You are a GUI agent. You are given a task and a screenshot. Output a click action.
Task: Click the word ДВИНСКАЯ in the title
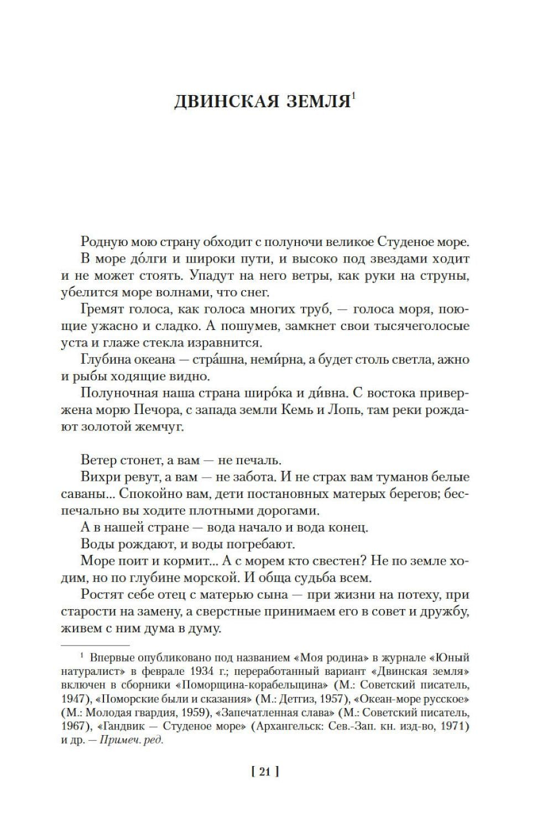pos(221,102)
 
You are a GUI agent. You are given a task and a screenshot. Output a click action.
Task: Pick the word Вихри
pos(97,476)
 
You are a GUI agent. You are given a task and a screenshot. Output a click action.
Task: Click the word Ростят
pos(99,595)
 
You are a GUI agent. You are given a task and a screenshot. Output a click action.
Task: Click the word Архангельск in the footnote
pos(288,726)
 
